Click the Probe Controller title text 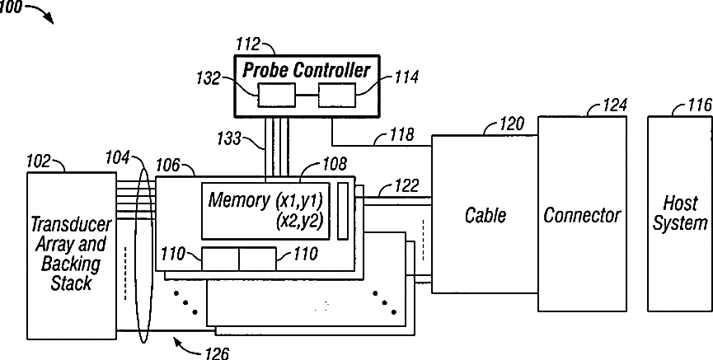click(307, 71)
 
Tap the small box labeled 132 click(276, 95)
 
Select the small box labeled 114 click(336, 95)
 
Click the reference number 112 click(248, 44)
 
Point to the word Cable click(485, 214)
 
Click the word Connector click(582, 214)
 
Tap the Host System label click(680, 213)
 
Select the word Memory click(239, 200)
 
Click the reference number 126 click(217, 353)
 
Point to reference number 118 click(402, 134)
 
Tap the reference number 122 click(406, 185)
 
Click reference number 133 click(228, 138)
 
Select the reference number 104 click(118, 157)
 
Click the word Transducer click(71, 224)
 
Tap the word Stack click(71, 283)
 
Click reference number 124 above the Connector click(615, 105)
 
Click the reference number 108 click(335, 164)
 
